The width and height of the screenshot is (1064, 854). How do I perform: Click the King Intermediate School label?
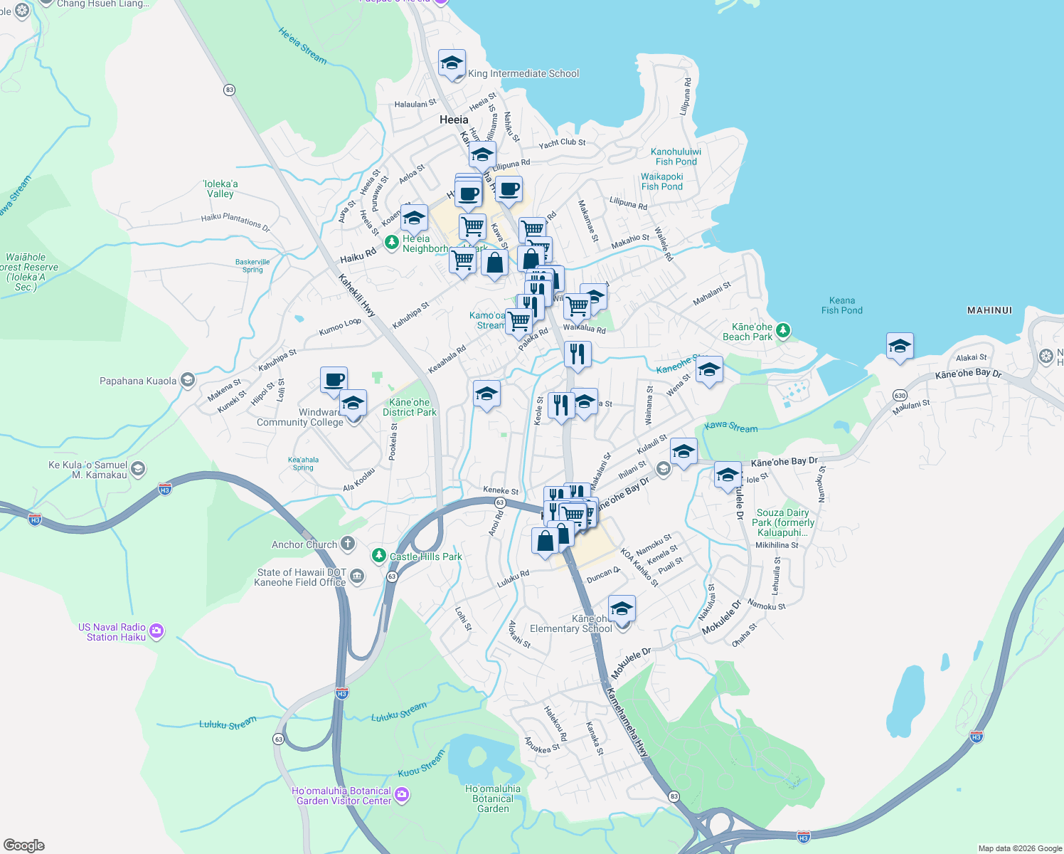523,73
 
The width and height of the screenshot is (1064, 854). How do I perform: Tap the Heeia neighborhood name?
454,120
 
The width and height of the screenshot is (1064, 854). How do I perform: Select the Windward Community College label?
300,417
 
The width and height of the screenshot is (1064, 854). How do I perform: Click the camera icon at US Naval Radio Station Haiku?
157,631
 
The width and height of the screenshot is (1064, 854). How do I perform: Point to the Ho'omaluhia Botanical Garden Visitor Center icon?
402,794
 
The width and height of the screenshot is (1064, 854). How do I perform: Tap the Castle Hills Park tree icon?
379,555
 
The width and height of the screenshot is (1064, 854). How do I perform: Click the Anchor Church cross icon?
348,544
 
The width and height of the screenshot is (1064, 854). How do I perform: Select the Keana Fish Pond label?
841,305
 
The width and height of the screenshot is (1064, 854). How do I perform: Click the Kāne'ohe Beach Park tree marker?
783,330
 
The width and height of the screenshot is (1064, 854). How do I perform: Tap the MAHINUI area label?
989,310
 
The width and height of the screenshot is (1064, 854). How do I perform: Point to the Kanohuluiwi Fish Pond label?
676,157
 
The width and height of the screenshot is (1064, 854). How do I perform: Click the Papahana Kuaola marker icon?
188,380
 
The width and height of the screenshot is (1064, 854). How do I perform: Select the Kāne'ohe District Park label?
410,407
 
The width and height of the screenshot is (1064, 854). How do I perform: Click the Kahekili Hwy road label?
356,295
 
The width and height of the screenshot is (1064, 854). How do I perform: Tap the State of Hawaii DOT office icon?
357,576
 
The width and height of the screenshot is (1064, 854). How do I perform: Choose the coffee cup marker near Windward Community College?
334,379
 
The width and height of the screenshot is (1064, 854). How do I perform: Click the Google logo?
24,845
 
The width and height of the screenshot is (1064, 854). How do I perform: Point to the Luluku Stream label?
228,724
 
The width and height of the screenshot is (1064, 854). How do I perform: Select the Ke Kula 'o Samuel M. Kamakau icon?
138,468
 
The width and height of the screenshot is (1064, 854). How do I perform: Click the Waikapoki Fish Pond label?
661,181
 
